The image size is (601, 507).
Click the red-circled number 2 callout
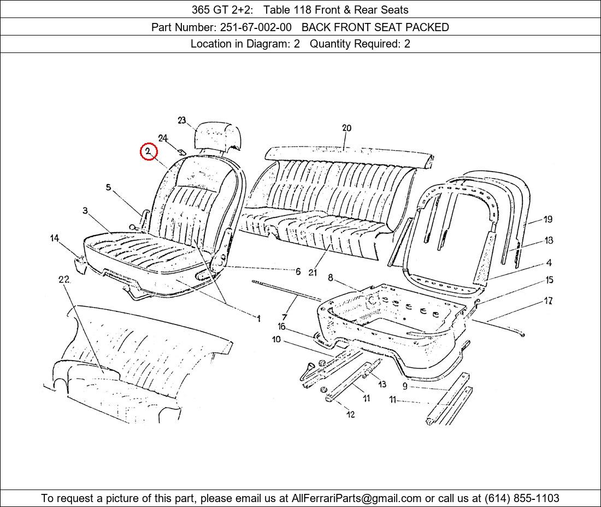[x=148, y=152]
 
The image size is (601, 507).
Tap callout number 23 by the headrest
[x=182, y=120]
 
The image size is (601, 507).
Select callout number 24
[x=163, y=138]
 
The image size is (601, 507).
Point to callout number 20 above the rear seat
[x=346, y=128]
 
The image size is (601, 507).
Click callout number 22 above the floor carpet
[x=63, y=279]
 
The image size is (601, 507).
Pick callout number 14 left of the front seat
[x=55, y=238]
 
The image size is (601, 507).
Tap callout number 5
[x=109, y=187]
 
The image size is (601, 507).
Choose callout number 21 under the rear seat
[x=313, y=273]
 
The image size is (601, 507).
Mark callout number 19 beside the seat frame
[x=547, y=219]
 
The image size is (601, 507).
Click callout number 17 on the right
[x=548, y=301]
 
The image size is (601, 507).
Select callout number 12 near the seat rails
[x=350, y=414]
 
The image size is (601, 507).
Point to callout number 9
[x=405, y=386]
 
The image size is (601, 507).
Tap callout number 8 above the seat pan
[x=331, y=278]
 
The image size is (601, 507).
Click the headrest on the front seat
[x=218, y=136]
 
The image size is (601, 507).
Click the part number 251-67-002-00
[x=256, y=27]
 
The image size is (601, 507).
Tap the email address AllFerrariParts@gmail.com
[x=356, y=498]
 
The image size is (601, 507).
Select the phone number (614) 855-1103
[x=522, y=498]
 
